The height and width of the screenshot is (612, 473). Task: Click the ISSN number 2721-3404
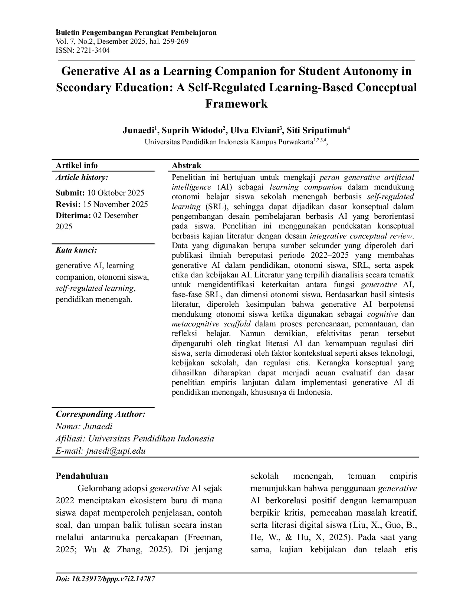click(93, 50)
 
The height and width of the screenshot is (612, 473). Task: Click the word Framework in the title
click(236, 103)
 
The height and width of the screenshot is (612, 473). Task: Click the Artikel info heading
click(76, 165)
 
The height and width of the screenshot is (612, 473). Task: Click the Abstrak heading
click(186, 165)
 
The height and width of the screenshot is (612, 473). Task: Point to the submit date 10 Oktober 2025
click(115, 193)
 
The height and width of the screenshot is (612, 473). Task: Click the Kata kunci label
click(76, 250)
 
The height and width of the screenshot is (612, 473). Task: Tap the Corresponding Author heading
click(100, 414)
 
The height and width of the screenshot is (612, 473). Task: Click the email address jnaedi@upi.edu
click(116, 451)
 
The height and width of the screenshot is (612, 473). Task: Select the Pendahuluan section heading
click(82, 476)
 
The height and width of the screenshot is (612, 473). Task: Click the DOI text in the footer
click(105, 579)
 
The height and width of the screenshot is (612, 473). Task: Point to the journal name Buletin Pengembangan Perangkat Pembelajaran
click(136, 33)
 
